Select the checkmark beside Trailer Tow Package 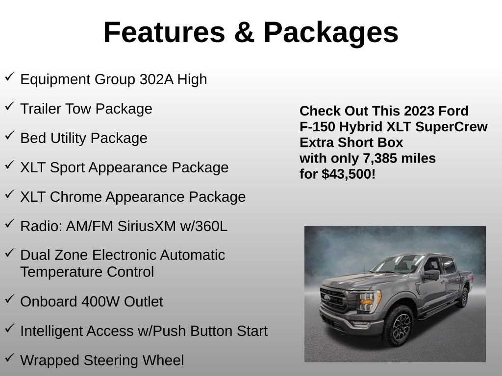click(9, 106)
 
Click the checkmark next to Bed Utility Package click(9, 136)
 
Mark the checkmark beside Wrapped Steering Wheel click(9, 358)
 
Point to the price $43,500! click(349, 174)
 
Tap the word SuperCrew click(452, 126)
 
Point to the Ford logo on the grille click(327, 297)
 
